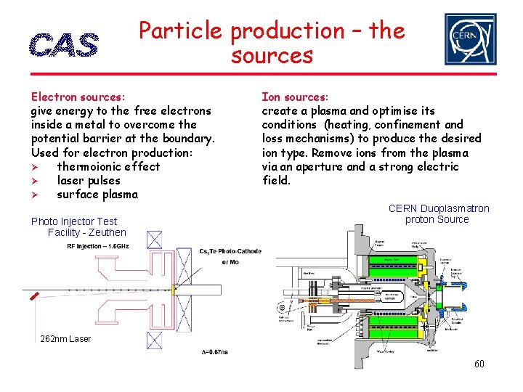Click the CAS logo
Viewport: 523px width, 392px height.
tap(64, 45)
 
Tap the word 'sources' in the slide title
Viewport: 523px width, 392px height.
tap(272, 55)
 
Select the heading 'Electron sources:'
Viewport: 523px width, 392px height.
tap(78, 97)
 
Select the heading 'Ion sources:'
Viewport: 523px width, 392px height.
tap(295, 97)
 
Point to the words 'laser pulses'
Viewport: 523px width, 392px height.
tap(88, 181)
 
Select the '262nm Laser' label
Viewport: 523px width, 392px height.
tap(65, 339)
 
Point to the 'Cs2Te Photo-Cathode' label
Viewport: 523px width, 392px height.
tap(230, 252)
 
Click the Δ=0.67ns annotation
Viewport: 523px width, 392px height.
tap(214, 351)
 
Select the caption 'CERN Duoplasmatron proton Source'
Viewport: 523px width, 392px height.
tap(438, 214)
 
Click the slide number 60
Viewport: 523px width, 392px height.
tap(479, 364)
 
